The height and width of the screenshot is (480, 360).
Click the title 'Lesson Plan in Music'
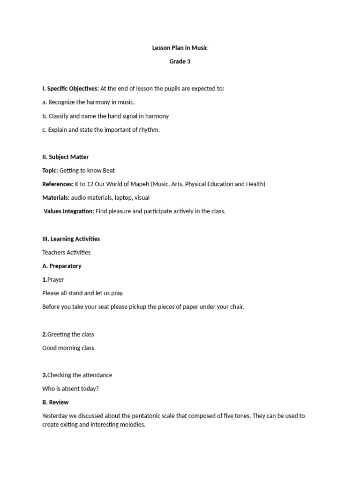tap(180, 48)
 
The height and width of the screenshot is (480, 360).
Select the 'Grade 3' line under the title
tap(180, 61)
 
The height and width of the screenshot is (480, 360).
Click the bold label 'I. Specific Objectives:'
tap(70, 89)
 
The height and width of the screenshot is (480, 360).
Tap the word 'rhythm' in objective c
tap(149, 129)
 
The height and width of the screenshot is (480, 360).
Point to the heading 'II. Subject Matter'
tap(65, 157)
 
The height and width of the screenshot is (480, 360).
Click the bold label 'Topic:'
tap(50, 170)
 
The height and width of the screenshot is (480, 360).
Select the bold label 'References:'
tap(58, 184)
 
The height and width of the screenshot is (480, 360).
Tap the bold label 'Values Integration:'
tap(69, 211)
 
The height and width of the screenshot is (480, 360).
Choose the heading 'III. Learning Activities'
tap(71, 239)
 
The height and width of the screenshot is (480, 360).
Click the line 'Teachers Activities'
tap(66, 252)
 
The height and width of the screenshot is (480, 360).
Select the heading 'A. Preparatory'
tap(61, 266)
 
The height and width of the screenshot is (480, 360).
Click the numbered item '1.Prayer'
tap(53, 279)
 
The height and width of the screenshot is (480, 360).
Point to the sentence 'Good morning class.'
tap(69, 348)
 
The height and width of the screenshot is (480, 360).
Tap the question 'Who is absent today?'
tap(70, 389)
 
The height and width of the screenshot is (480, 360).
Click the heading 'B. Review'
tap(55, 402)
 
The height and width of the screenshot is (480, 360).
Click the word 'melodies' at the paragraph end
tap(133, 425)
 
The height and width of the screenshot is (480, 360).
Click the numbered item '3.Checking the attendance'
tap(77, 375)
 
